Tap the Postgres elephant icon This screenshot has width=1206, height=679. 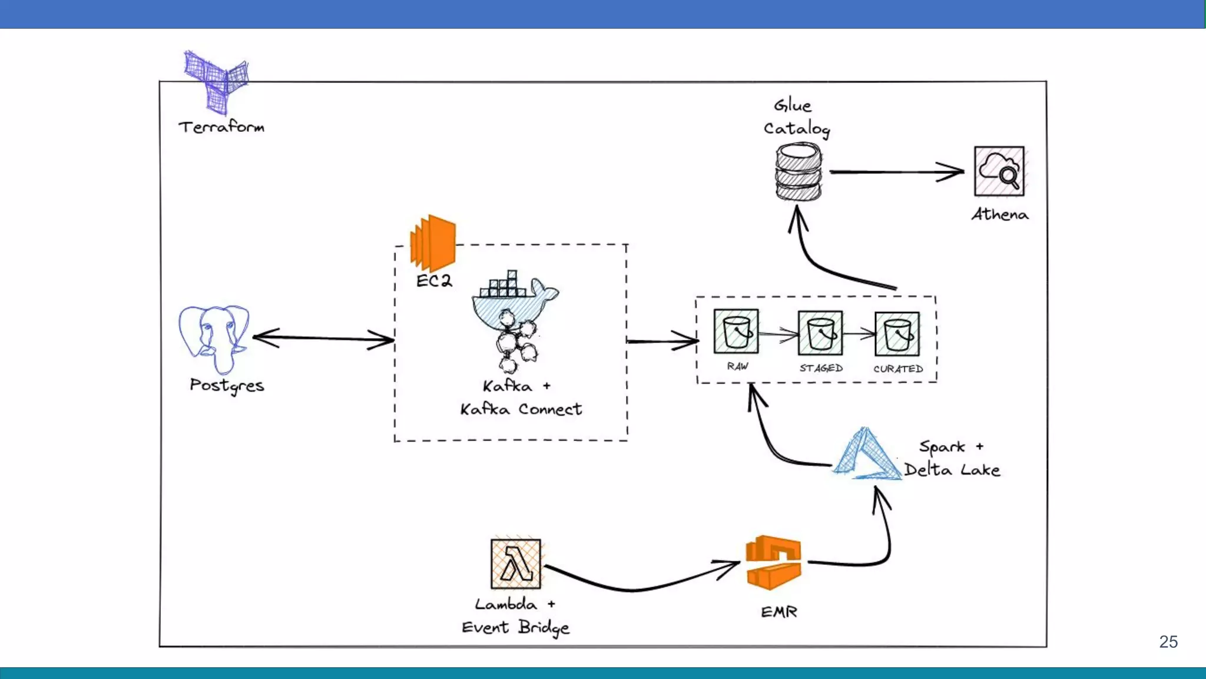pos(214,339)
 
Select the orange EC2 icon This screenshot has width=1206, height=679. pos(433,243)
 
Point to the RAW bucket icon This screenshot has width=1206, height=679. pos(736,332)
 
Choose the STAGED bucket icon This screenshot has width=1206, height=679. pos(820,333)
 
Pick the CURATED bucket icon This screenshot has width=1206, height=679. pos(897,334)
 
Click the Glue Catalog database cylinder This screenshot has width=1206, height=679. pos(798,172)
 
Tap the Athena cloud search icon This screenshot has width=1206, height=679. pos(999,171)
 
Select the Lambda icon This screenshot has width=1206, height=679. pos(516,564)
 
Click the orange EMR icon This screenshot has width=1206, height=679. pos(773,562)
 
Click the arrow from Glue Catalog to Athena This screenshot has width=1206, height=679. pos(897,172)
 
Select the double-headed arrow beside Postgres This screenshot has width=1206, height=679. pos(323,339)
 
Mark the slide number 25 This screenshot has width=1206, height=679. pos(1168,642)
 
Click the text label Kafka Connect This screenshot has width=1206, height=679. pos(521,409)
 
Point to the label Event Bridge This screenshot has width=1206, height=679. pos(515,628)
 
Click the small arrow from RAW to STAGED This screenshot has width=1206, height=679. pos(778,334)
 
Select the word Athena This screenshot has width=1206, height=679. pos(1000,214)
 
